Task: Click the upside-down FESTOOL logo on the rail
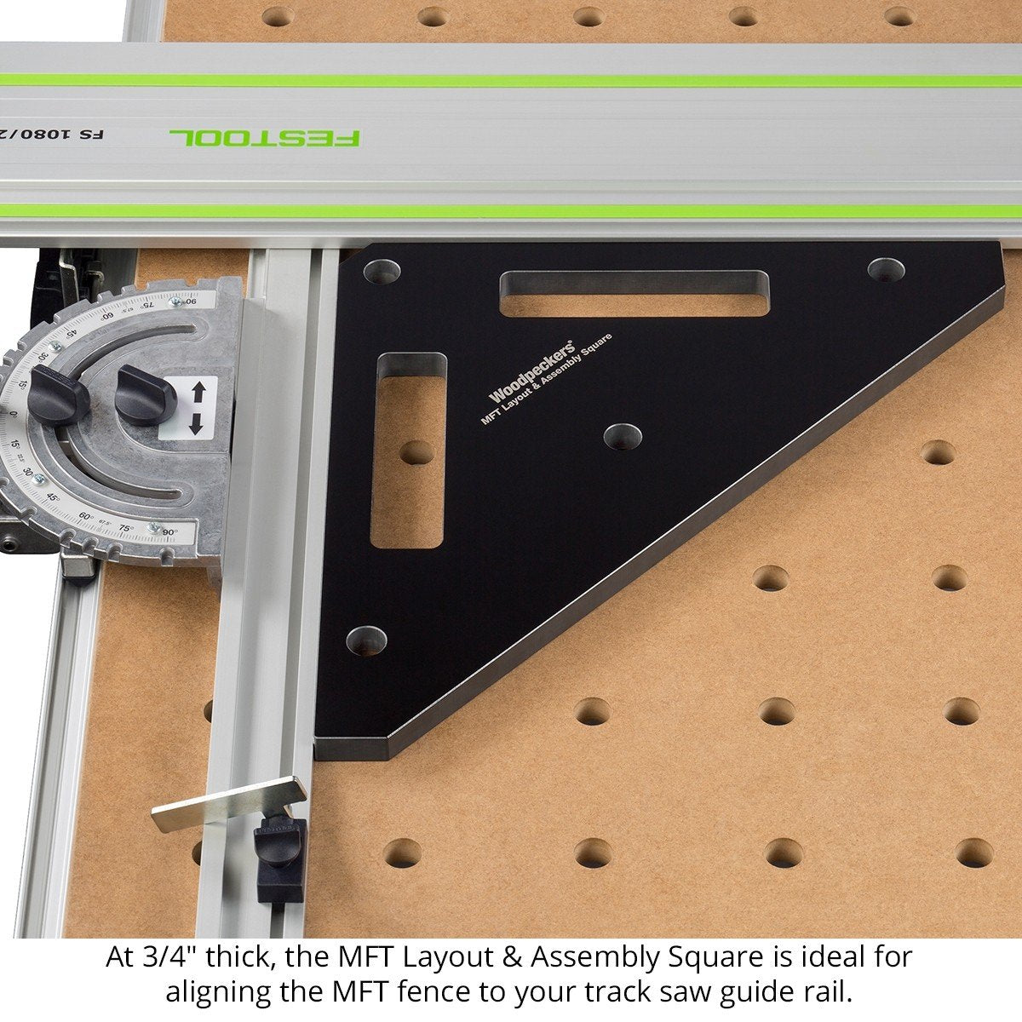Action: pyautogui.click(x=265, y=137)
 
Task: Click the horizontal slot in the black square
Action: pyautogui.click(x=634, y=294)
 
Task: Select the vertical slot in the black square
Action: pyautogui.click(x=409, y=451)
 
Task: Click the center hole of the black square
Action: pyautogui.click(x=623, y=436)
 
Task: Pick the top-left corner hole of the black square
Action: pyautogui.click(x=382, y=273)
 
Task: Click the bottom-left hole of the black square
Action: pyautogui.click(x=366, y=640)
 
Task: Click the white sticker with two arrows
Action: pyautogui.click(x=197, y=407)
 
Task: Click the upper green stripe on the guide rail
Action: pyautogui.click(x=511, y=80)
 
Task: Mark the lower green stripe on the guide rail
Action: pyautogui.click(x=511, y=210)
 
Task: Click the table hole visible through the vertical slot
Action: pyautogui.click(x=416, y=452)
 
